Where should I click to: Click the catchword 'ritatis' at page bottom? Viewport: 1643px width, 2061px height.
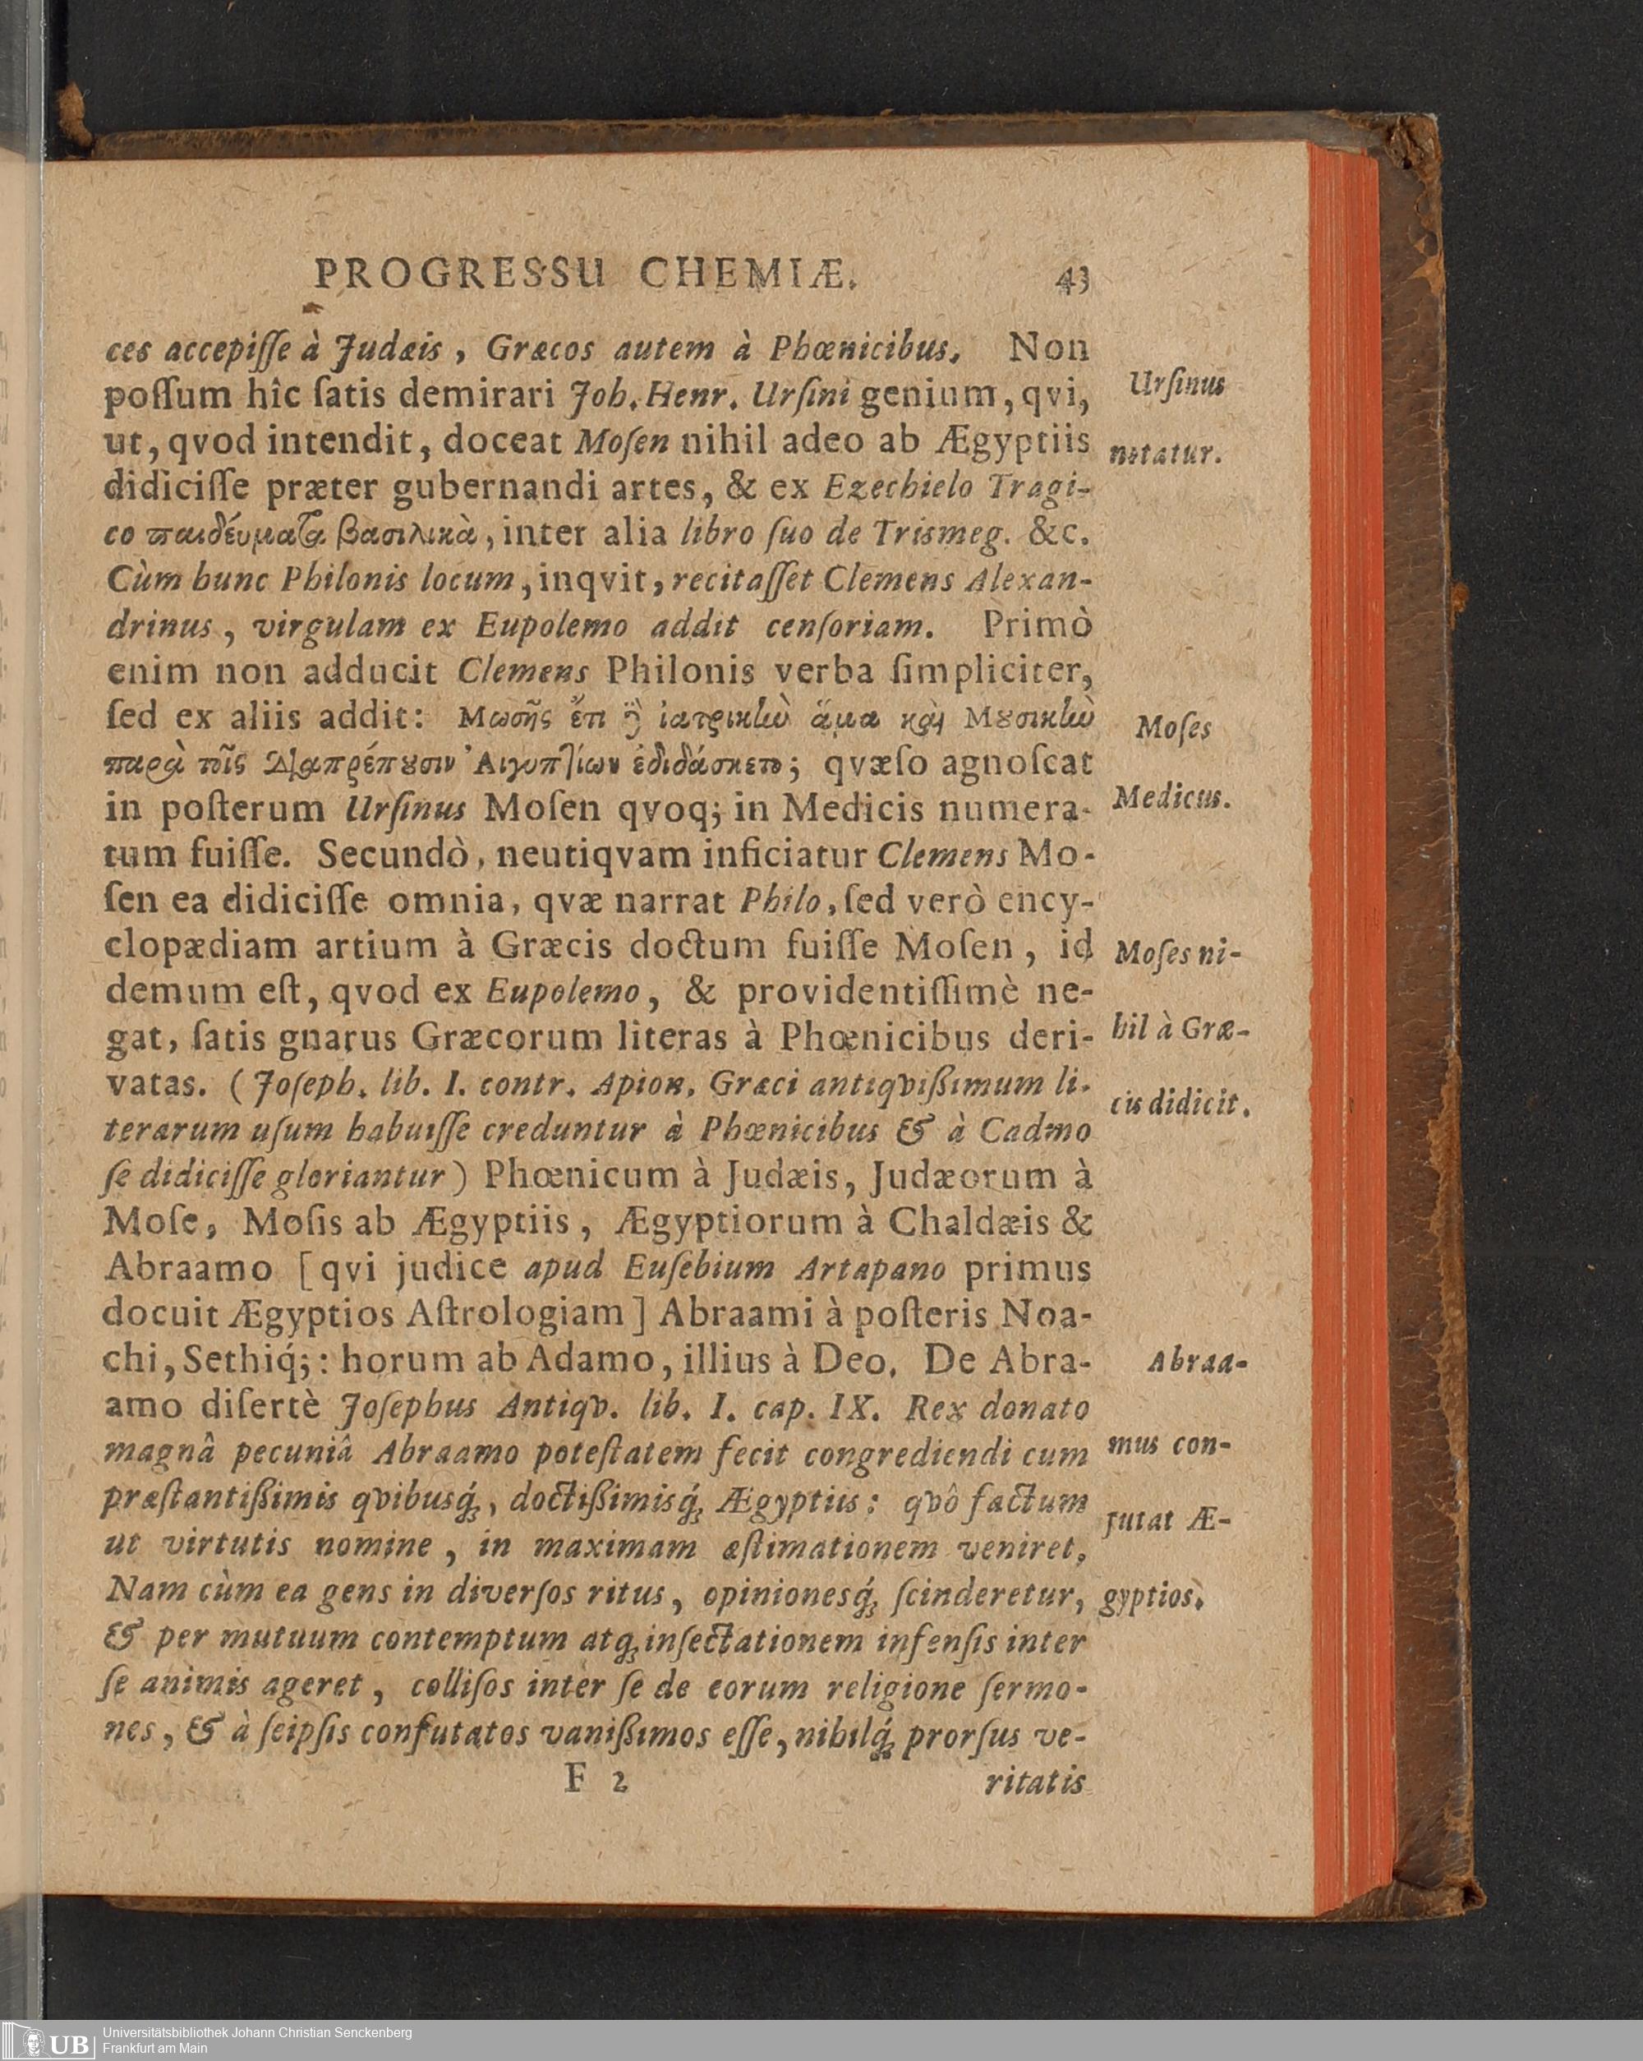pyautogui.click(x=1037, y=1782)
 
